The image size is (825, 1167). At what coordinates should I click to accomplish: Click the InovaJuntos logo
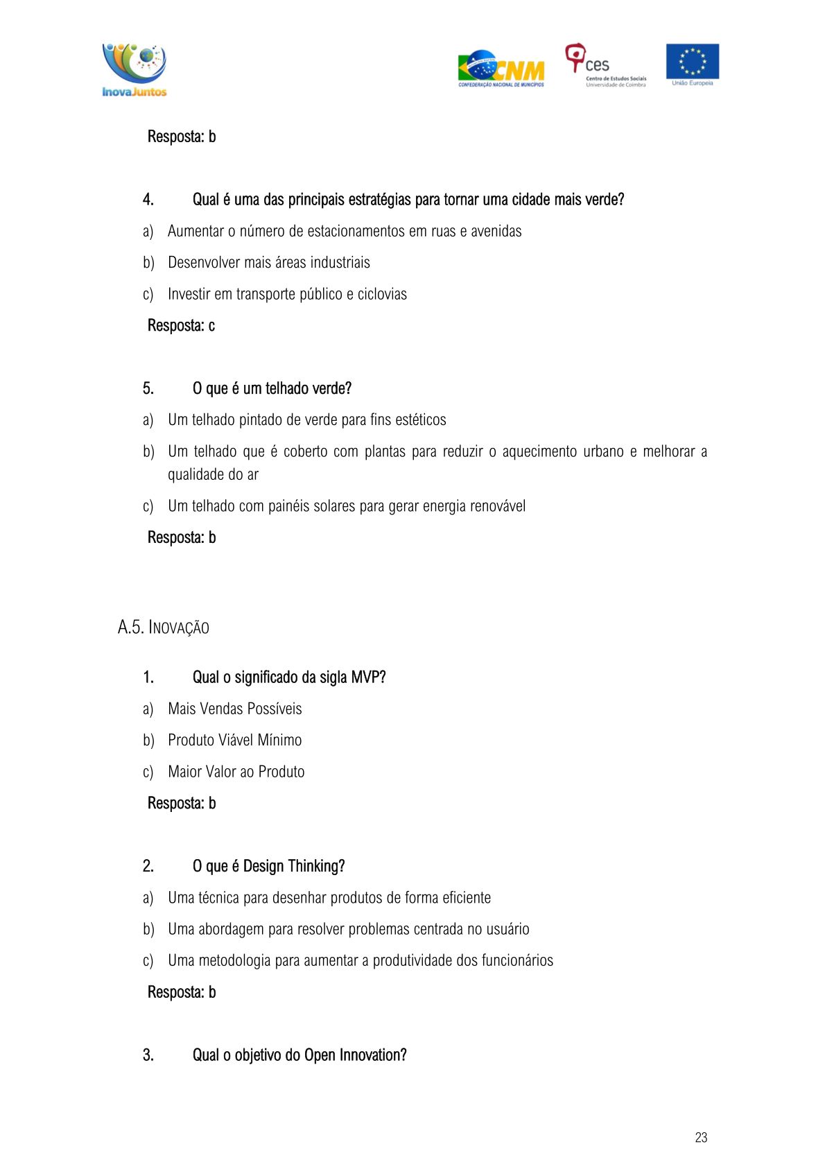134,70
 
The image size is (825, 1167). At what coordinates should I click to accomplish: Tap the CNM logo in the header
501,69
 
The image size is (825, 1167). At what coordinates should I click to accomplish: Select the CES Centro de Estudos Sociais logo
605,66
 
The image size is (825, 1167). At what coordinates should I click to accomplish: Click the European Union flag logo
692,64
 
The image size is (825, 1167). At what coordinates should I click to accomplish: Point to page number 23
701,1137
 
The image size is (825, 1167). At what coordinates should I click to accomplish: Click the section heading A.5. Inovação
164,628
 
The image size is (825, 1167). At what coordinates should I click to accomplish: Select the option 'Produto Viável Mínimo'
234,741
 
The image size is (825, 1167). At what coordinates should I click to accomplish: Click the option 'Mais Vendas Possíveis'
234,709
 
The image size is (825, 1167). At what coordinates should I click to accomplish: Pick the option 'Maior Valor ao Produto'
236,772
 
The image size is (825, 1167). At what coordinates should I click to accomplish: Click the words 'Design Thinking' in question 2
294,866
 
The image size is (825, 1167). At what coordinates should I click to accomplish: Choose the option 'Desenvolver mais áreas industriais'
268,263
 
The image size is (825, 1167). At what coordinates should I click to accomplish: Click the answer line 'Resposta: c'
181,326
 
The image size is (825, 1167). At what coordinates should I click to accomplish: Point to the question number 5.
148,389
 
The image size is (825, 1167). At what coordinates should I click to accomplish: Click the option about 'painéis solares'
346,506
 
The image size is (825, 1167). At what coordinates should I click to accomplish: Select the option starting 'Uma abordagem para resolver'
348,929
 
